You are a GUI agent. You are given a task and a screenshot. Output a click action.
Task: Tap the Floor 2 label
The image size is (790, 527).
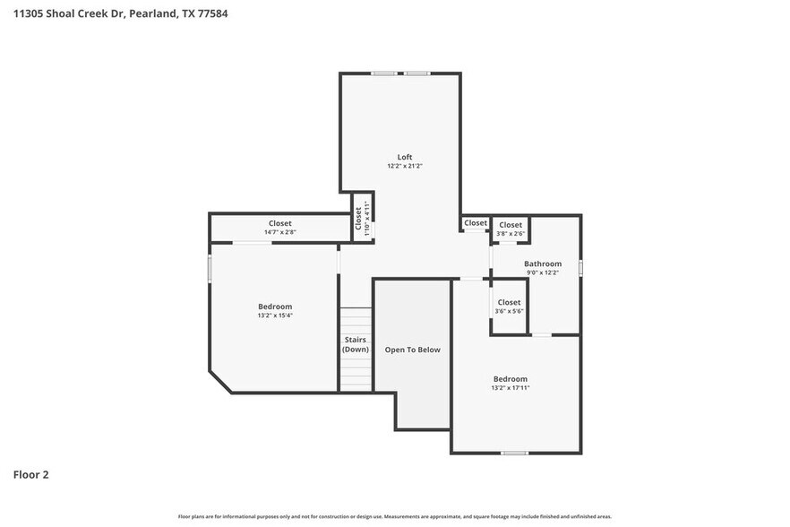coord(30,474)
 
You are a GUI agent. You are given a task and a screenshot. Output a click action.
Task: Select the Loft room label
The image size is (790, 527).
coord(405,157)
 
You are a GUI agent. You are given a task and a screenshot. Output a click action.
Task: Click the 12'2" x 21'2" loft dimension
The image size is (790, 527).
coord(405,166)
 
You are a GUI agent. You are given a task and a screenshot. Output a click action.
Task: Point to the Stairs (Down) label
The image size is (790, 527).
coord(356,344)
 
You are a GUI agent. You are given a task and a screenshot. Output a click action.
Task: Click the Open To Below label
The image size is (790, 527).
coord(412,350)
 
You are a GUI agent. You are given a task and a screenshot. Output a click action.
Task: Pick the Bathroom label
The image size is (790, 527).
coord(543,263)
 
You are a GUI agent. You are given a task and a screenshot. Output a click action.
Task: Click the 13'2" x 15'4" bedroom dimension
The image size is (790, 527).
coord(275,315)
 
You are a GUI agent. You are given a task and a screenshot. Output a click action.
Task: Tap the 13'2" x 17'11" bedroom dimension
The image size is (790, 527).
coord(510,388)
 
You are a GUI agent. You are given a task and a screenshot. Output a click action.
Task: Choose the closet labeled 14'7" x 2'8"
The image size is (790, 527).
coord(279,228)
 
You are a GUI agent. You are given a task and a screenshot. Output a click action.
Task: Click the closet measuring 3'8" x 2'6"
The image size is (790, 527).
coord(511,229)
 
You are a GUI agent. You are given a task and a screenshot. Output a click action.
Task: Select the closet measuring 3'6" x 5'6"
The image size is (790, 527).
coord(509,307)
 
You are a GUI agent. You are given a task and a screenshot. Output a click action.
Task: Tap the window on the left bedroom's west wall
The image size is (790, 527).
coord(210,269)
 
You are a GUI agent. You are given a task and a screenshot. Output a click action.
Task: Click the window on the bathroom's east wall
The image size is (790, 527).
coord(580,267)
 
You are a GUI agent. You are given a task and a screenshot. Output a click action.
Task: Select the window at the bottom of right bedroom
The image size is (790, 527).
coord(514,453)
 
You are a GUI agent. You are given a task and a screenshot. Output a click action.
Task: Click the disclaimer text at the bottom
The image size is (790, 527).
coord(395,516)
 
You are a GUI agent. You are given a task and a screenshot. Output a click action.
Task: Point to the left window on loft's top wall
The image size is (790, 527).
coord(385,73)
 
